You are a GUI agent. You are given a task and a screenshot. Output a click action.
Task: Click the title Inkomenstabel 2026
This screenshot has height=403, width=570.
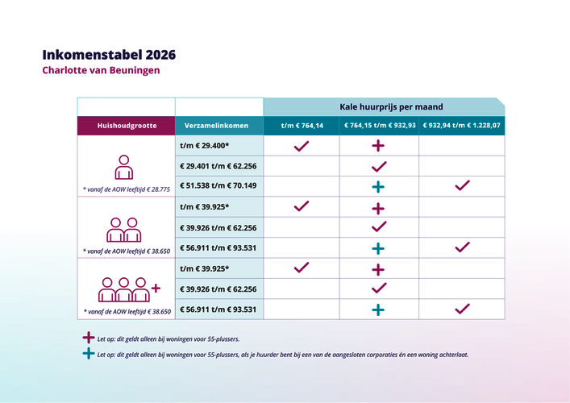[109, 55]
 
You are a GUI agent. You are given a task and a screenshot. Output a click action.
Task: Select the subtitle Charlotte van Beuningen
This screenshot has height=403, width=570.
[102, 71]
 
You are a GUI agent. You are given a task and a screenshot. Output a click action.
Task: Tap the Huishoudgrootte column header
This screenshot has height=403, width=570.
[126, 126]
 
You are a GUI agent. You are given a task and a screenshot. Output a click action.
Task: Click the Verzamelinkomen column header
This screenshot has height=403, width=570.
[218, 126]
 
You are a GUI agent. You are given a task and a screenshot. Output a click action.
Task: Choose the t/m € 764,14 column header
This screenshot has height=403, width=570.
[302, 126]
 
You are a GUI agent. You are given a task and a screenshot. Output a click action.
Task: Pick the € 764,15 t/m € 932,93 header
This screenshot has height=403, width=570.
[379, 126]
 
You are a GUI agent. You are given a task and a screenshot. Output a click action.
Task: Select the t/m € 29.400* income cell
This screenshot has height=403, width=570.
[205, 146]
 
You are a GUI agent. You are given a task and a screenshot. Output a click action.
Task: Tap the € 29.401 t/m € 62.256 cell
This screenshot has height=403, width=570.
[218, 166]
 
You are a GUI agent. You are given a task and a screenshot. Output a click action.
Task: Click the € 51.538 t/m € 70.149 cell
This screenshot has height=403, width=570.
[218, 186]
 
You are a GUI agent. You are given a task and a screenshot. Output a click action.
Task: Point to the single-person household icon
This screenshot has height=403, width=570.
[123, 168]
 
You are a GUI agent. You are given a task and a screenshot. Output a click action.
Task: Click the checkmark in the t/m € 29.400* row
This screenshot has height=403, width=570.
[302, 146]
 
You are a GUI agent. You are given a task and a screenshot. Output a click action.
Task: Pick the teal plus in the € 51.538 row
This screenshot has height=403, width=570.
[378, 186]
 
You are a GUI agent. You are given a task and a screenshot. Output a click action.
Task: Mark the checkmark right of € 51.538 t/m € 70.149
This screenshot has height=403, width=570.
[462, 185]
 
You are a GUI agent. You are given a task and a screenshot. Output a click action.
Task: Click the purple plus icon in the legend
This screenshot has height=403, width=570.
[88, 339]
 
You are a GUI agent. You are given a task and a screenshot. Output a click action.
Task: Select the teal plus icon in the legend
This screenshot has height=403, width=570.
[88, 353]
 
